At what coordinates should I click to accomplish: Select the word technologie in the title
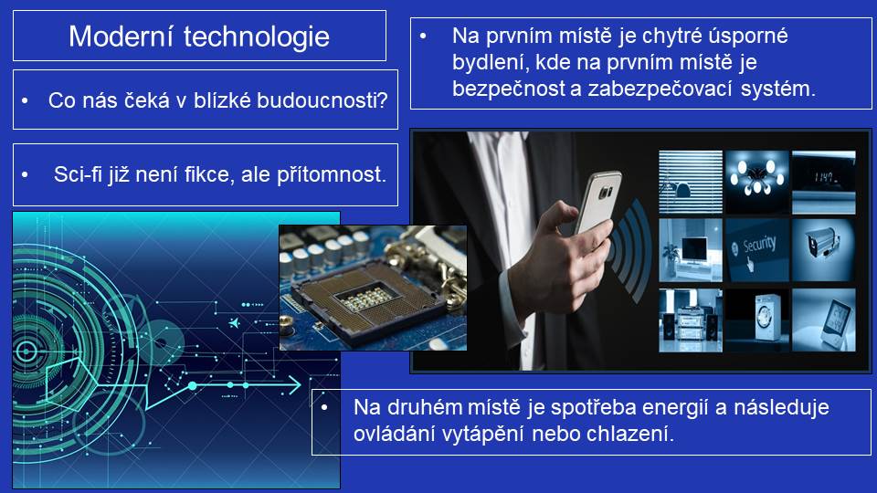[256, 37]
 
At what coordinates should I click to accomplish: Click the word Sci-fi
[78, 174]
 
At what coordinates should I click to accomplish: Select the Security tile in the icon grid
[756, 249]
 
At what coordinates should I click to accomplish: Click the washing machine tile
[756, 320]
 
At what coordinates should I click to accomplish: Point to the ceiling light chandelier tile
[756, 182]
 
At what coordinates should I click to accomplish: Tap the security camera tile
[824, 249]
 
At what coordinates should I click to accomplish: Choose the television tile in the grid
[691, 249]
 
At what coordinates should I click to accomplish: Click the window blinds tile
[691, 182]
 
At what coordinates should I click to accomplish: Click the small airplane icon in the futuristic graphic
[235, 323]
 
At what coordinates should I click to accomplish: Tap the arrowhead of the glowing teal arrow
[294, 384]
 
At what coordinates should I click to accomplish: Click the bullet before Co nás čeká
[25, 101]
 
